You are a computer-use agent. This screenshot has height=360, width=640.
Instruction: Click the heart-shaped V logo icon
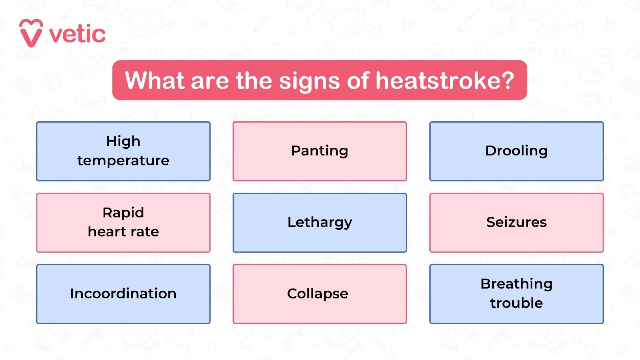tap(31, 33)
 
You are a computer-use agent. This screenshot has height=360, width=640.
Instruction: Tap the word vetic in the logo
tap(77, 34)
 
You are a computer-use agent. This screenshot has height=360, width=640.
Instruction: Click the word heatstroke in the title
tap(439, 81)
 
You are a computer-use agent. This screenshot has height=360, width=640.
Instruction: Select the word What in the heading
tap(155, 81)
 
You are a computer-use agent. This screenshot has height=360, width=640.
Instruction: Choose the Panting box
tap(319, 151)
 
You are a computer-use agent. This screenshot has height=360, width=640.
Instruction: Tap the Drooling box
tap(516, 151)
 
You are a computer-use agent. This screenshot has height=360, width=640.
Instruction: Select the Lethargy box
tap(319, 223)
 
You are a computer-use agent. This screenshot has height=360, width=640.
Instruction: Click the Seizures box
tap(516, 223)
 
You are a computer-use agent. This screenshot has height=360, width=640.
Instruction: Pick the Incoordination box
tap(123, 294)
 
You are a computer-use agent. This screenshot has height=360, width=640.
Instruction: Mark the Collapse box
tap(319, 294)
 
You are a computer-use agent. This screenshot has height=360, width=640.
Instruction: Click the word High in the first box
tap(123, 141)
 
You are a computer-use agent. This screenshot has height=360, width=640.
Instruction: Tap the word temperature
tap(123, 161)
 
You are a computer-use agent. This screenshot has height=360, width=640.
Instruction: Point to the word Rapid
tap(123, 213)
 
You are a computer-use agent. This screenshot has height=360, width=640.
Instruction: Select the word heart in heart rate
tap(107, 232)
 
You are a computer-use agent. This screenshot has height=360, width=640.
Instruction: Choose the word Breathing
tap(516, 284)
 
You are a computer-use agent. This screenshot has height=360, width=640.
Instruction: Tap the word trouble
tap(516, 303)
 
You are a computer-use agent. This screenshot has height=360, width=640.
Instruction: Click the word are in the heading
tap(210, 81)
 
